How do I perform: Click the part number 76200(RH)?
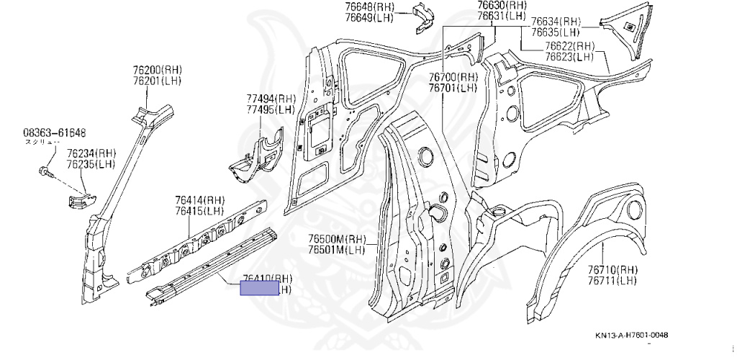point(157,70)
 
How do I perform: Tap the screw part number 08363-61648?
point(55,132)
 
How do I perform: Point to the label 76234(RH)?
point(91,154)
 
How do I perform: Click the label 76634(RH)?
point(556,22)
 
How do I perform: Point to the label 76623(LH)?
point(569,56)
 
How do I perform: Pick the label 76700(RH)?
point(453,77)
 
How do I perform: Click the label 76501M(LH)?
point(338,250)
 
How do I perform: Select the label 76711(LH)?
point(612,280)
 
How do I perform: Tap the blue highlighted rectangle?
point(259,289)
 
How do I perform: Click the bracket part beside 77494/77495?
point(257,154)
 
